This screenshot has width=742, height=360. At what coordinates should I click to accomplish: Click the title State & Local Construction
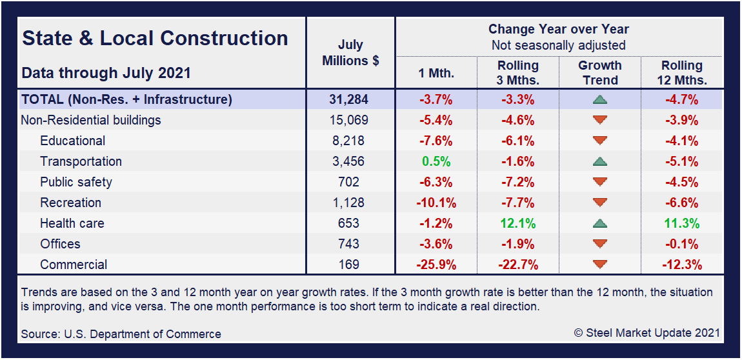(x=155, y=38)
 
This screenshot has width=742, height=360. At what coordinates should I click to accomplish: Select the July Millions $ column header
(x=350, y=53)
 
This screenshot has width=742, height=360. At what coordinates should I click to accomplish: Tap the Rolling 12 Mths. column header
(x=681, y=73)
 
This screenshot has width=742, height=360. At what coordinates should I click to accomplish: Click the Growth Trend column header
(x=599, y=73)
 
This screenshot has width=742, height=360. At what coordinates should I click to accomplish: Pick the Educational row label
(x=72, y=141)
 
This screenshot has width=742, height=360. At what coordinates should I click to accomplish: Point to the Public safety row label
(x=75, y=182)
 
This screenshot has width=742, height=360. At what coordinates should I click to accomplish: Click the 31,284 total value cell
(x=350, y=100)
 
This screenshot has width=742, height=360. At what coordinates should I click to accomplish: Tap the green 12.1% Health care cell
(x=517, y=223)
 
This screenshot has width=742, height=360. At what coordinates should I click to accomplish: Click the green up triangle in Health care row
(x=599, y=223)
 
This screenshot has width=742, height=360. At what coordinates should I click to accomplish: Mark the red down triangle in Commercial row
(x=599, y=265)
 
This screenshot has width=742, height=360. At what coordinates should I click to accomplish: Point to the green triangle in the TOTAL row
(x=599, y=100)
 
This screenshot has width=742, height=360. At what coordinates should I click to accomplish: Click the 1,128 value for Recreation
(x=350, y=203)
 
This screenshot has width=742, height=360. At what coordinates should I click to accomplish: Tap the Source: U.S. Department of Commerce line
(x=121, y=334)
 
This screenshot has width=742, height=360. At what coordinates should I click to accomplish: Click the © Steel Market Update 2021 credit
(x=647, y=333)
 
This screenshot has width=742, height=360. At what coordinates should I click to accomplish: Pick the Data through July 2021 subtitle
(x=106, y=72)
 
